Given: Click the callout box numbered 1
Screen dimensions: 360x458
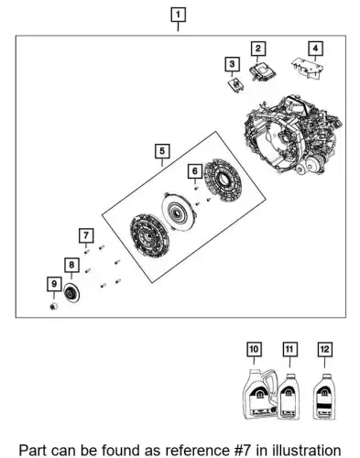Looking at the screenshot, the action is coord(178,15).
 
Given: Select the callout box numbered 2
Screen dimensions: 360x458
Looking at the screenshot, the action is coord(258,49).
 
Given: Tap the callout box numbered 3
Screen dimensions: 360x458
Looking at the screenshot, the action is coord(232,64).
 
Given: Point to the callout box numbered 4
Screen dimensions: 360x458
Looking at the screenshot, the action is coord(315,49).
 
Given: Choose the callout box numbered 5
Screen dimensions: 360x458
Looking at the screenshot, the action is coord(162,151).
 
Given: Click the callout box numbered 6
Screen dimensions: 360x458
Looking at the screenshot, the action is coord(195,171).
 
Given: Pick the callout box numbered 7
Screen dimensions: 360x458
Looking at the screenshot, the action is coord(86,235).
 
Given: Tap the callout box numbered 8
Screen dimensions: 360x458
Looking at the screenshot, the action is coord(71,265).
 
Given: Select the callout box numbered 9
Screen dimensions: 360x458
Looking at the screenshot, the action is coord(54,284).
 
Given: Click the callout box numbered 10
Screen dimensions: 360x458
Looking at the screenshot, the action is coord(254,349).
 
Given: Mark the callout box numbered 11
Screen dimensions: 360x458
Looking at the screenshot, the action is coord(289,349).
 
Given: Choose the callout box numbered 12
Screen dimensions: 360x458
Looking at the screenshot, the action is coord(324,349).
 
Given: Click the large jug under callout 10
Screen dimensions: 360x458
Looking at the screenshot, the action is coord(260,394).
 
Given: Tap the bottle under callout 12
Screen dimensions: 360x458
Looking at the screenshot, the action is coord(324,397).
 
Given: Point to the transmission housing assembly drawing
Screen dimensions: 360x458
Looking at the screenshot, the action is coord(292,135).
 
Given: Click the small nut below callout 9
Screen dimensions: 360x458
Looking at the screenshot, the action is coord(54,306).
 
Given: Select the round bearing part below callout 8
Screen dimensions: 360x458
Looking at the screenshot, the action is coord(72,293).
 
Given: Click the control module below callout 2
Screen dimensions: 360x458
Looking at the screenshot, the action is coord(262,72).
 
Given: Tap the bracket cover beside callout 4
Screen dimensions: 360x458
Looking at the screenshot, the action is coord(307,68).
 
